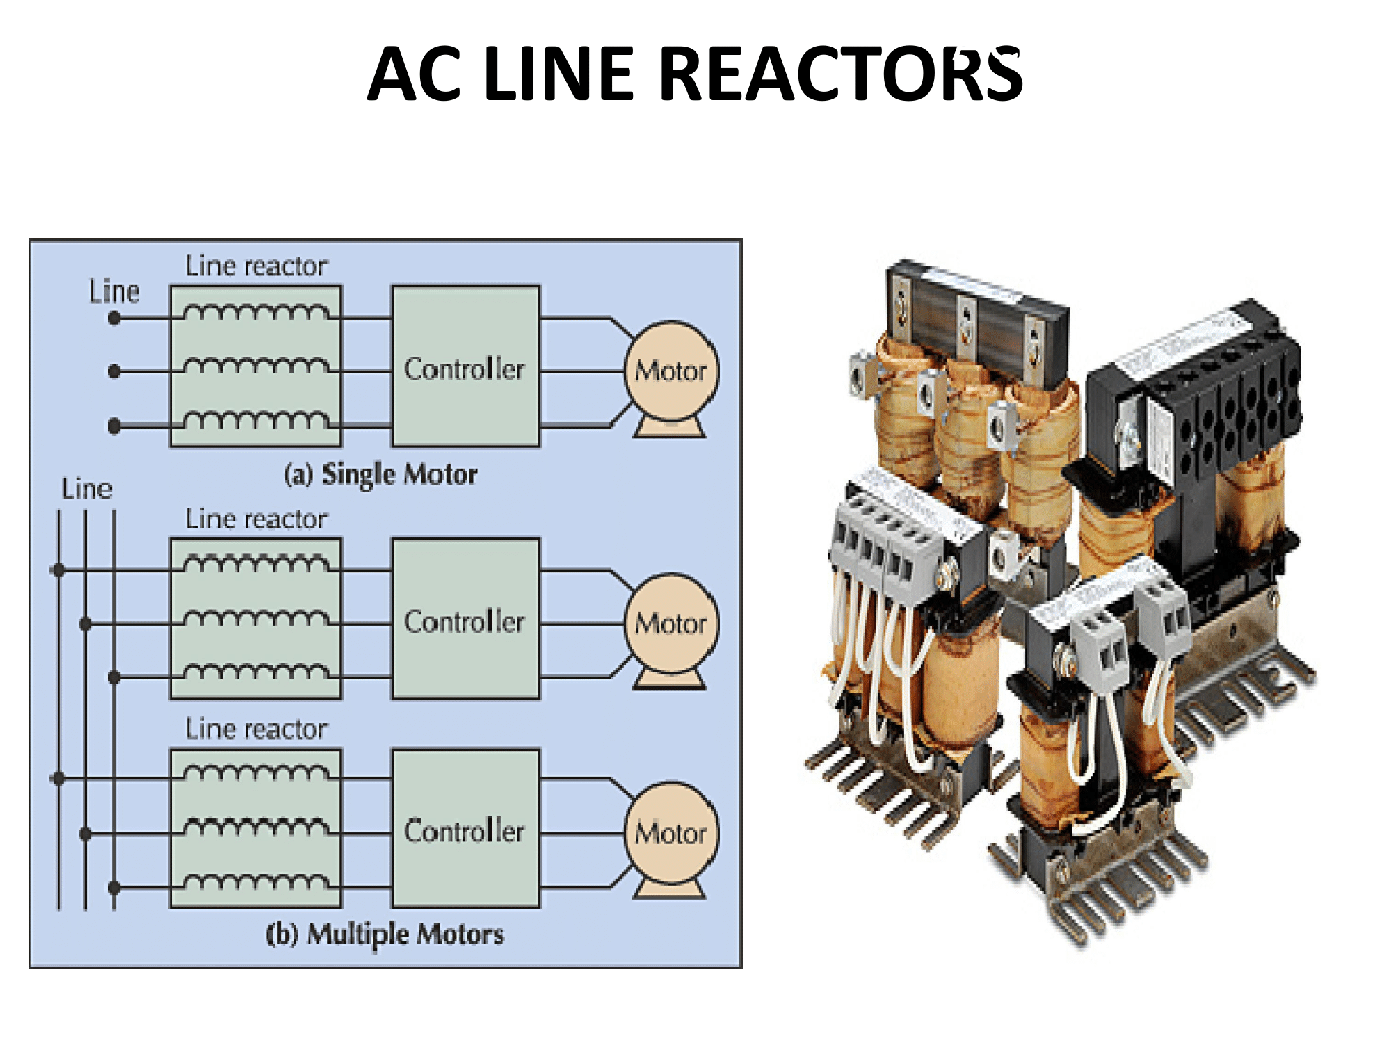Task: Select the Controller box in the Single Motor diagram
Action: click(x=465, y=366)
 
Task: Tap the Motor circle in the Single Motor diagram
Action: click(x=670, y=371)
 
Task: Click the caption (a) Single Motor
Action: click(x=380, y=474)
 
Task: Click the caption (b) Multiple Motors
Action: click(x=385, y=934)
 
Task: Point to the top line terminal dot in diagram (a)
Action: click(x=115, y=318)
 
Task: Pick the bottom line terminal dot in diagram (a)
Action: click(x=115, y=426)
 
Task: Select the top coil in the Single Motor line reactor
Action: click(x=256, y=312)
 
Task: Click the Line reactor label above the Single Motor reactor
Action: click(x=256, y=266)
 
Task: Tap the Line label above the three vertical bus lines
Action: click(x=87, y=489)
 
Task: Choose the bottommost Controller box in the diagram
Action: click(x=465, y=829)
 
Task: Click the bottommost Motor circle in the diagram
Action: click(x=670, y=833)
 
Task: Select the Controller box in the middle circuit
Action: click(x=465, y=619)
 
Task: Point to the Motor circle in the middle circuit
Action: click(x=670, y=623)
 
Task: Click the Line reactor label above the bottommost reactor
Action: click(x=256, y=729)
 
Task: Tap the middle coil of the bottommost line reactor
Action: click(x=256, y=826)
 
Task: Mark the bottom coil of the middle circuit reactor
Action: click(x=256, y=671)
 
